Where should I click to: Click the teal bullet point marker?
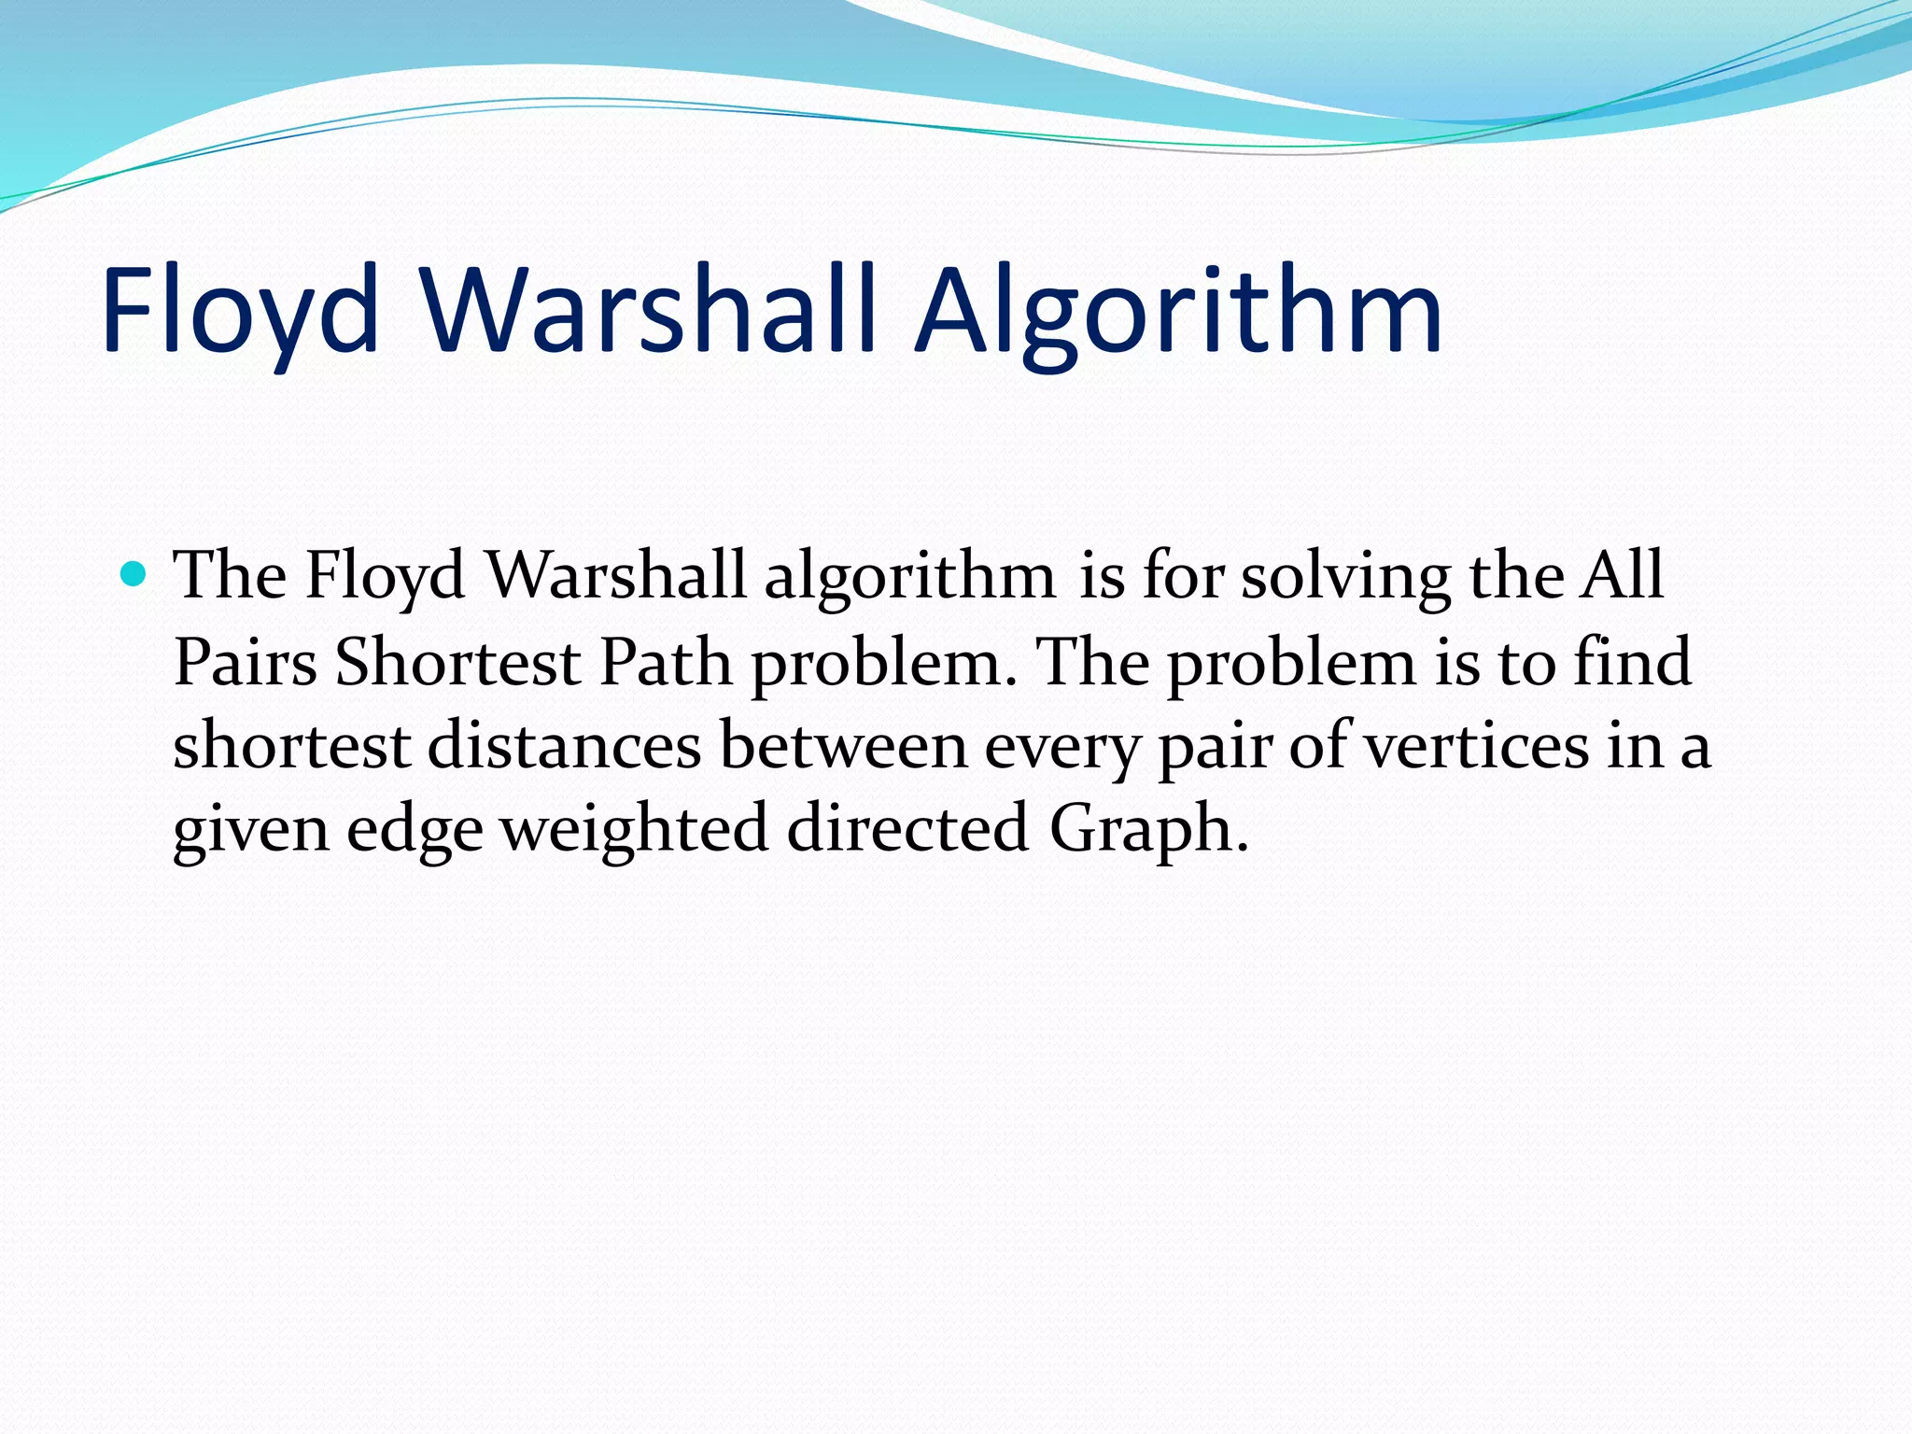(134, 573)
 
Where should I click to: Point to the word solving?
(1345, 575)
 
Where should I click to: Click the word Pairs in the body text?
(246, 662)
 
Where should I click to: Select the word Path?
(665, 662)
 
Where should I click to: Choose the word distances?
(565, 746)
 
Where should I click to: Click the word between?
(844, 746)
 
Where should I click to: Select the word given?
(251, 830)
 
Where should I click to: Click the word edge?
(415, 830)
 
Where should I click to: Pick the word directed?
(907, 828)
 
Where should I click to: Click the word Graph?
(1148, 830)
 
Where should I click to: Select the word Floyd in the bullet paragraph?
(385, 575)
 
